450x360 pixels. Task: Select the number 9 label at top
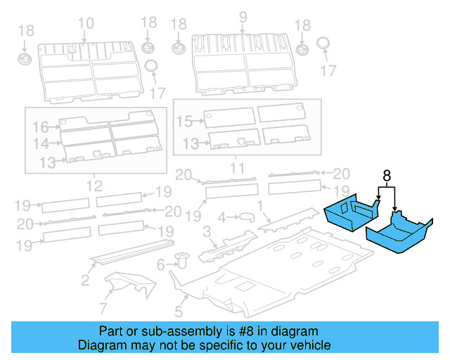[x=243, y=16]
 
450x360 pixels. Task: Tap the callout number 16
[x=39, y=127]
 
